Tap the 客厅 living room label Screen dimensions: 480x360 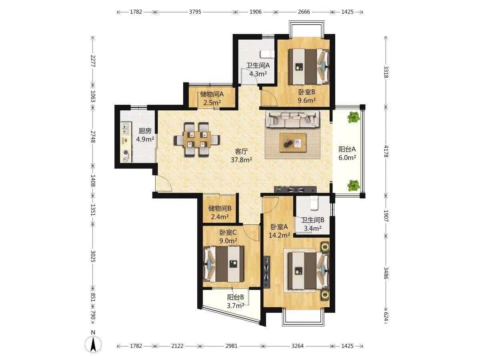pyautogui.click(x=241, y=152)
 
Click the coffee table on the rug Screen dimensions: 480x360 pyautogui.click(x=293, y=142)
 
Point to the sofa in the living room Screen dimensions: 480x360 pyautogui.click(x=292, y=119)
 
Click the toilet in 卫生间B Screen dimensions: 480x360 pyautogui.click(x=314, y=203)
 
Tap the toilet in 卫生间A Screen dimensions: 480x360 pyautogui.click(x=267, y=54)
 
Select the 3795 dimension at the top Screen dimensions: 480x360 pyautogui.click(x=195, y=12)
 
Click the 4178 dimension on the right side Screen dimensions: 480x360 pyautogui.click(x=386, y=151)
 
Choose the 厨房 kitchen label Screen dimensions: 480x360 pyautogui.click(x=145, y=131)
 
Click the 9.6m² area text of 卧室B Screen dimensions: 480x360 pyautogui.click(x=306, y=100)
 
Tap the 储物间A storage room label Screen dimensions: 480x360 pyautogui.click(x=212, y=94)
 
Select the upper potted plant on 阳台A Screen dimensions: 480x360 pyautogui.click(x=354, y=117)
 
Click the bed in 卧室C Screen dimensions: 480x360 pyautogui.click(x=224, y=264)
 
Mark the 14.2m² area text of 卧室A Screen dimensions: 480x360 pyautogui.click(x=279, y=235)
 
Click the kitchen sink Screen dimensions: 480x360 pyautogui.click(x=126, y=128)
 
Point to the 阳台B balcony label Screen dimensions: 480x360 pyautogui.click(x=235, y=297)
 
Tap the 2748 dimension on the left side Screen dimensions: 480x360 pyautogui.click(x=93, y=137)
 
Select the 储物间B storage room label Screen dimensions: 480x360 pyautogui.click(x=220, y=208)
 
